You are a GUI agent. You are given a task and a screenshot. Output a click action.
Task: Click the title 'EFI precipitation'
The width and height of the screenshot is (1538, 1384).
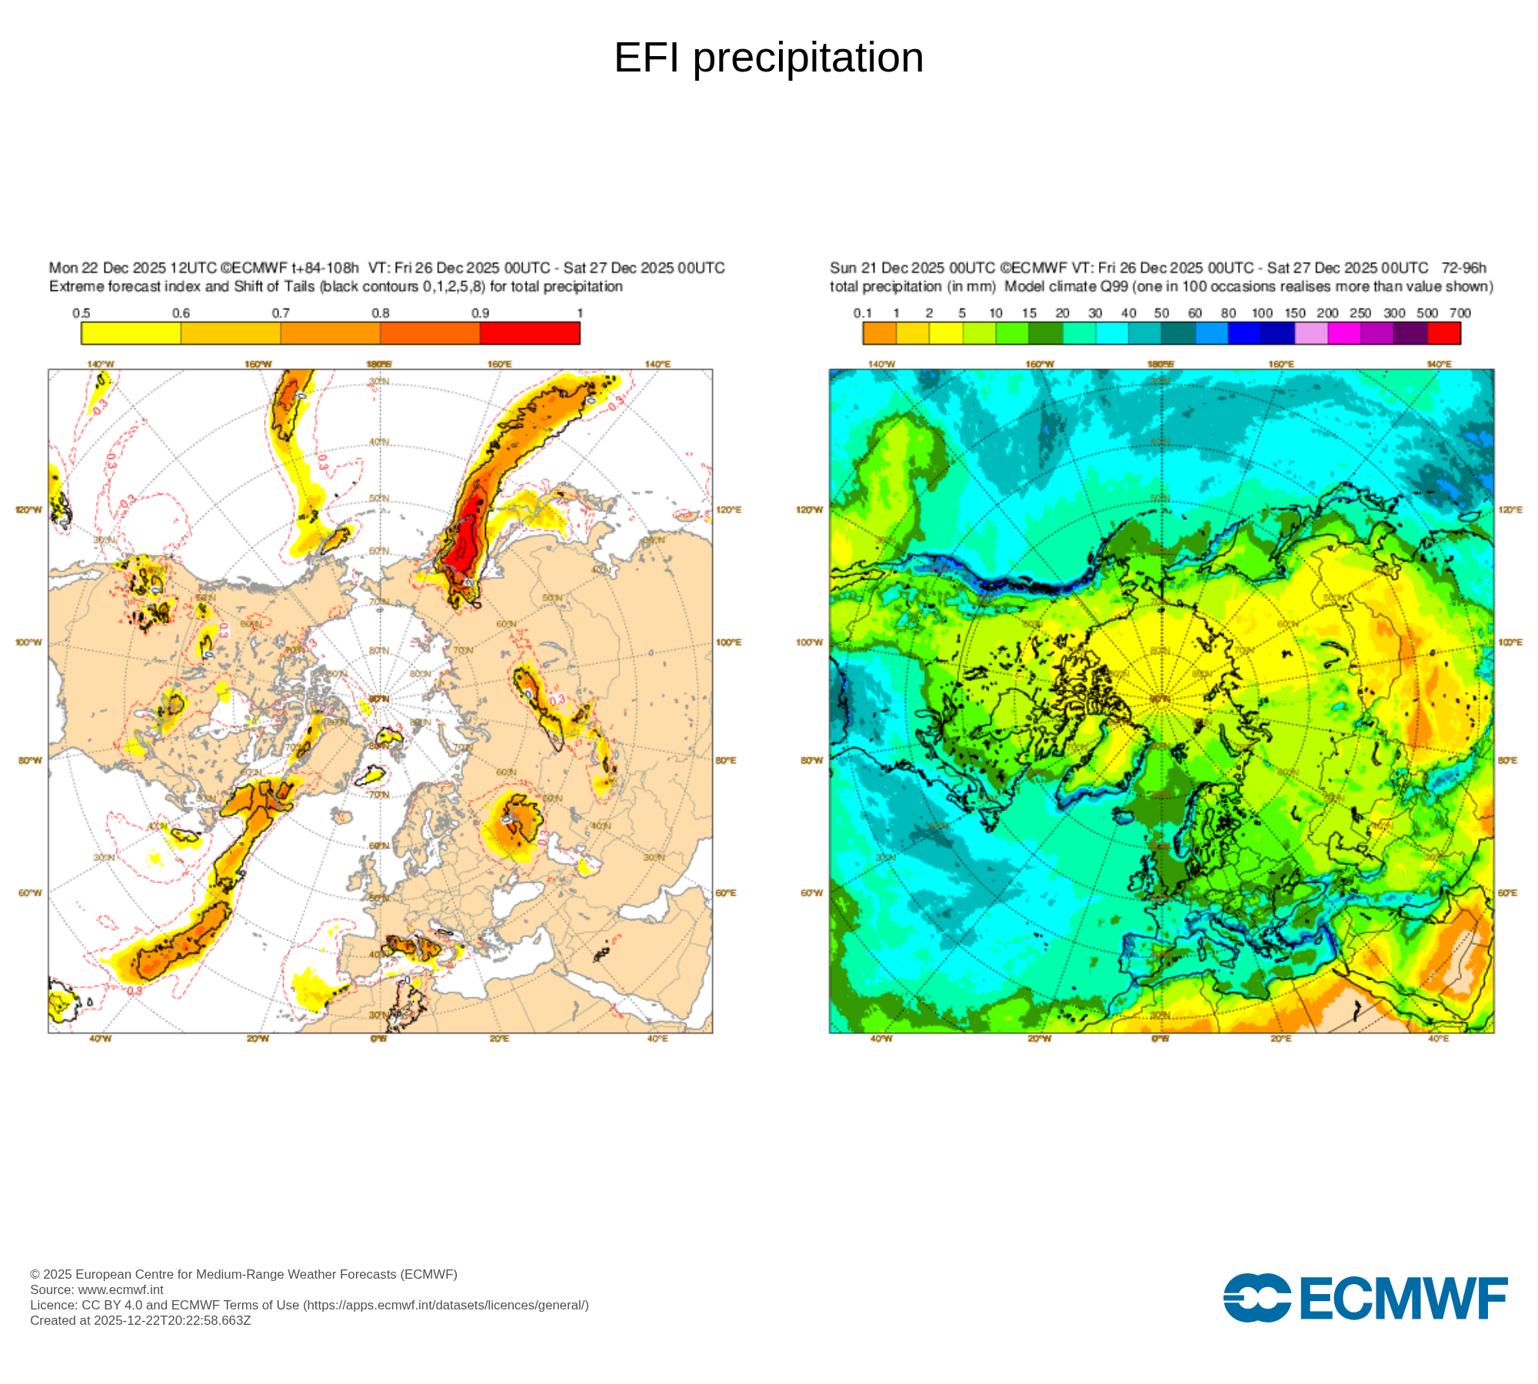tap(768, 58)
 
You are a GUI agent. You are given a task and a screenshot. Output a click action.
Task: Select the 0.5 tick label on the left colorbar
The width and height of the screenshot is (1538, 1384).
tap(82, 313)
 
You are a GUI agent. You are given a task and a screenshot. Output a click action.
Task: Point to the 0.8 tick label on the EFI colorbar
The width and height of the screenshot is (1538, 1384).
tap(381, 313)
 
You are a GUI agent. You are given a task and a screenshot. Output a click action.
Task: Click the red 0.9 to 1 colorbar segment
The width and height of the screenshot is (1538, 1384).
tap(530, 333)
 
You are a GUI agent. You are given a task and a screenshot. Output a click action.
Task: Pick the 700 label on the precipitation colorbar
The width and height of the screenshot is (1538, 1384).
tap(1460, 313)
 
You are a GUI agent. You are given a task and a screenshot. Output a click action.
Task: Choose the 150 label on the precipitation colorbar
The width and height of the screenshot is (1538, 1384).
tap(1295, 313)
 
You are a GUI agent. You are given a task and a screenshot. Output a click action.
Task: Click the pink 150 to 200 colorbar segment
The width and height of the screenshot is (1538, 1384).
tap(1311, 333)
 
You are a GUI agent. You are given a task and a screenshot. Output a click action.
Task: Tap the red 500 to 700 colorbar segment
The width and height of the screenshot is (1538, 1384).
tap(1443, 333)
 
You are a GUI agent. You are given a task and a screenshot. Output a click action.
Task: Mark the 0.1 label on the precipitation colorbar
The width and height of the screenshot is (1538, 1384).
tap(863, 313)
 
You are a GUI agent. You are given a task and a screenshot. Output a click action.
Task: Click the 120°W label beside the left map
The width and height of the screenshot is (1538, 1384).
tap(29, 510)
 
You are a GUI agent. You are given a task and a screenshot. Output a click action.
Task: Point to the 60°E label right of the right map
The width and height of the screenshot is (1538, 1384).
tap(1508, 893)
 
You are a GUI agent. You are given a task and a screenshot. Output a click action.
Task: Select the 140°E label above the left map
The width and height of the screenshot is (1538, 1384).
tap(657, 364)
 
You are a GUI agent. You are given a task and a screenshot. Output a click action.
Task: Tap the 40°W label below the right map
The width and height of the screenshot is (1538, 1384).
tap(881, 1039)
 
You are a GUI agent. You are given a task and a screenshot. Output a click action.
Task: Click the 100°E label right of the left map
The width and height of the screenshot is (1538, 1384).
tap(728, 642)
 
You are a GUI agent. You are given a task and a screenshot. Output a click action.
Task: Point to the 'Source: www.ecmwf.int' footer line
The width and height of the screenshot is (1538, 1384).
tap(97, 1289)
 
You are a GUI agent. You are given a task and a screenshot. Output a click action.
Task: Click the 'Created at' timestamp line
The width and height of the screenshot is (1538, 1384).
tap(141, 1320)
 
